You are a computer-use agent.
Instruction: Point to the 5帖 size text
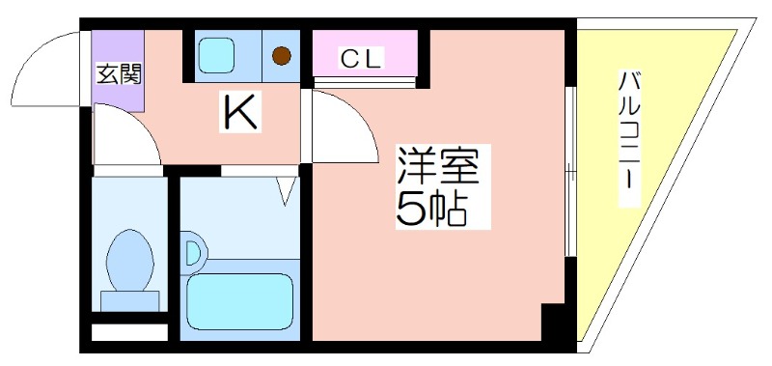click(x=431, y=209)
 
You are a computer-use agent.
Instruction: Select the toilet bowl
click(x=130, y=258)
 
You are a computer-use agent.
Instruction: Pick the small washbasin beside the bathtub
click(x=193, y=253)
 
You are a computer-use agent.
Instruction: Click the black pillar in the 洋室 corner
click(x=555, y=322)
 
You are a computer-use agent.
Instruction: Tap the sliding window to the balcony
click(x=571, y=174)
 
